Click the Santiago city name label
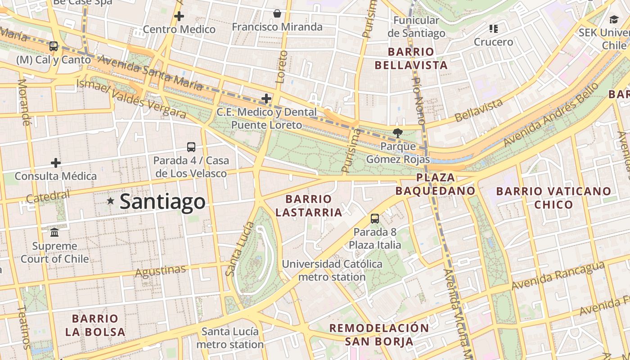point(162,202)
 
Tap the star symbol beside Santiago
point(111,201)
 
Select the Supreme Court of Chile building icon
point(55,233)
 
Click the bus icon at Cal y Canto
point(54,46)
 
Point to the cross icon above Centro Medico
point(179,17)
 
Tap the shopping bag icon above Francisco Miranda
point(277,14)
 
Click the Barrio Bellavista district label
point(411,58)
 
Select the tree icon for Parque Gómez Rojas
point(397,133)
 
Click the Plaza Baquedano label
point(435,184)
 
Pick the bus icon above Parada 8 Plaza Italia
point(375,219)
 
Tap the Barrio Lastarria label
point(309,205)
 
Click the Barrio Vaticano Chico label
point(553,198)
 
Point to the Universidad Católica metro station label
point(332,270)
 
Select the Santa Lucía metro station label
point(230,338)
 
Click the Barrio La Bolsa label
point(95,325)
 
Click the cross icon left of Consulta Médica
point(56,162)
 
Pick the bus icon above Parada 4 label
point(191,147)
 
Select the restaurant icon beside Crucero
point(494,29)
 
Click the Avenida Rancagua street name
point(558,275)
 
